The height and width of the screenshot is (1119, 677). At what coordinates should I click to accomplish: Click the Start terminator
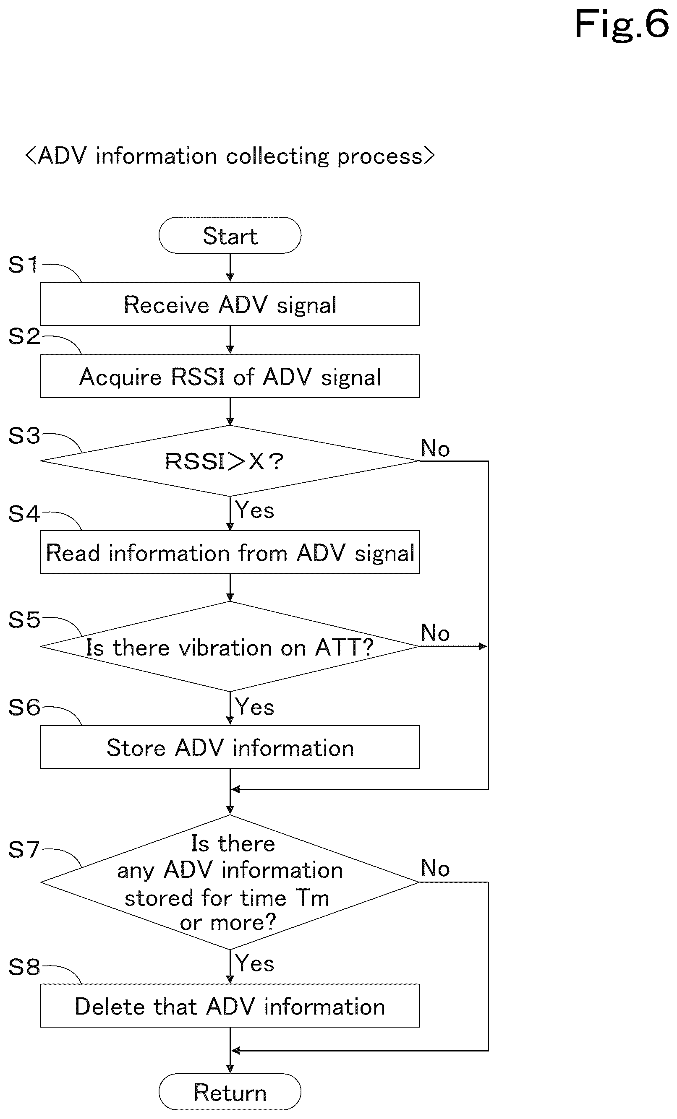point(230,235)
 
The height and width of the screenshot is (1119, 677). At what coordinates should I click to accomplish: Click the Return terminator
point(230,1092)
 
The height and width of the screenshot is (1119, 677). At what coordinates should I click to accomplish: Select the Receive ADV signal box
point(230,304)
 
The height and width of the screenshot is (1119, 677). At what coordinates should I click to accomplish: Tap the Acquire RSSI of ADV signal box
point(230,376)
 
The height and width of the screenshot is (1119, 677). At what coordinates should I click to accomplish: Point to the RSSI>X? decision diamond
point(230,461)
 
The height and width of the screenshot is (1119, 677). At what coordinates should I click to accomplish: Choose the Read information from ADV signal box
point(230,552)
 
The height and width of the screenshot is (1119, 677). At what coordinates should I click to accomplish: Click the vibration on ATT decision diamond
point(230,646)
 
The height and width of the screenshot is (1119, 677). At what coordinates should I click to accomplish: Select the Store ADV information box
point(230,747)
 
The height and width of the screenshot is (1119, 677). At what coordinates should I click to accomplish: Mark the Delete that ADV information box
point(230,1005)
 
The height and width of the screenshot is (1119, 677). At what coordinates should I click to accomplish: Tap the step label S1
point(23,264)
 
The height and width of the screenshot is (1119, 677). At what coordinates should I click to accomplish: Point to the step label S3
point(24,435)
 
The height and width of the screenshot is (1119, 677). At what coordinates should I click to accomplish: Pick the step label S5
point(24,619)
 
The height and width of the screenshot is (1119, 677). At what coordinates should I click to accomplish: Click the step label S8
point(24,967)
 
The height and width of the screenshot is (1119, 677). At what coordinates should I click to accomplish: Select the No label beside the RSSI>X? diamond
point(435,448)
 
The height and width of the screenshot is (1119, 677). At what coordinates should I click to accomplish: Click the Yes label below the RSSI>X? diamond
point(254,510)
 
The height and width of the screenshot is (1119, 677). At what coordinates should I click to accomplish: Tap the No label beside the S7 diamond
point(435,868)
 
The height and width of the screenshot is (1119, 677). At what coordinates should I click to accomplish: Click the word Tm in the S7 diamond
point(312,898)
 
